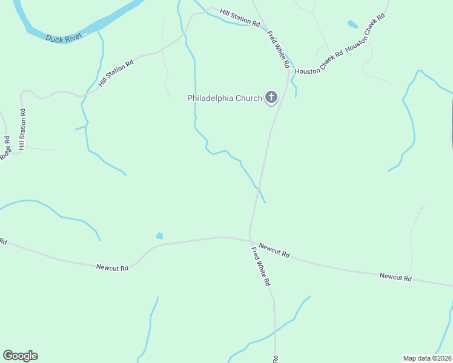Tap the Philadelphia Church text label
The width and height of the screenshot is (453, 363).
[x=224, y=98]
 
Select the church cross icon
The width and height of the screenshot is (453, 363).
[x=271, y=97]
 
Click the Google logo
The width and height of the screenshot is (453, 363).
[x=20, y=356]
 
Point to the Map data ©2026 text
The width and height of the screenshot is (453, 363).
[x=427, y=358]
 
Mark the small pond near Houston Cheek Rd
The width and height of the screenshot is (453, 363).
[x=352, y=25]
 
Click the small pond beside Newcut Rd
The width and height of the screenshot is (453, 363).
[x=159, y=235]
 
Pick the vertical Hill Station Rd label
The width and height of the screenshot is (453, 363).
[x=22, y=129]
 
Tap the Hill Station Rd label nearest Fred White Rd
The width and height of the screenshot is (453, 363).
[x=240, y=18]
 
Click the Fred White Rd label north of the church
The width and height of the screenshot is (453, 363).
[x=279, y=41]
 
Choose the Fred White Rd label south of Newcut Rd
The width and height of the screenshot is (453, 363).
[x=261, y=266]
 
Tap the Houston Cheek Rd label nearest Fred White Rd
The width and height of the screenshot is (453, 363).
[x=319, y=61]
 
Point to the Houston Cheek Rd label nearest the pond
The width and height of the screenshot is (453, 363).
[x=365, y=34]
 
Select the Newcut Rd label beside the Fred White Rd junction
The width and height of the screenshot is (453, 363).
[x=274, y=250]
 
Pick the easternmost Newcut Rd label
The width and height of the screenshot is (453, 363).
[x=395, y=277]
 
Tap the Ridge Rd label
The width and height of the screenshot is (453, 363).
[x=5, y=149]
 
